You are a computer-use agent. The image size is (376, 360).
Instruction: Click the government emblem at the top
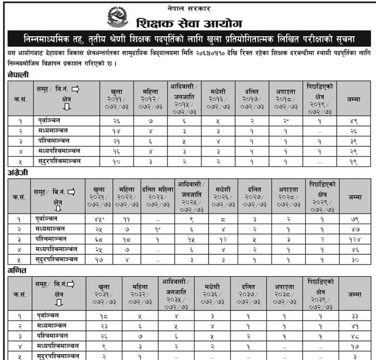117,17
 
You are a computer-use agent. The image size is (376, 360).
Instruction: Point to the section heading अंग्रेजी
18,172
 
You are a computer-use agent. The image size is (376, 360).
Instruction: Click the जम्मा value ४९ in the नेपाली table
354,122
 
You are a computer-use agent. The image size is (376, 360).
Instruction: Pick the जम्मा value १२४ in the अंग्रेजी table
354,239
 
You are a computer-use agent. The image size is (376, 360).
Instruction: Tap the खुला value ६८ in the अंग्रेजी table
98,239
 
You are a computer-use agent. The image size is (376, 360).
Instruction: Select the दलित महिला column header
157,190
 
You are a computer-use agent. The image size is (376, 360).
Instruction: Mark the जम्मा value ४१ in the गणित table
354,326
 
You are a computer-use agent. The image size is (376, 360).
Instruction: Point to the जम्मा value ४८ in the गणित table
354,336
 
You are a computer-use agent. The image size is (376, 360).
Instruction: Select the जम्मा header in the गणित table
354,295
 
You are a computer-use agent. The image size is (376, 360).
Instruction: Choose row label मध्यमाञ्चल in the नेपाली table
52,131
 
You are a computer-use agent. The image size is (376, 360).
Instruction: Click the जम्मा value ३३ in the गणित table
354,316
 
